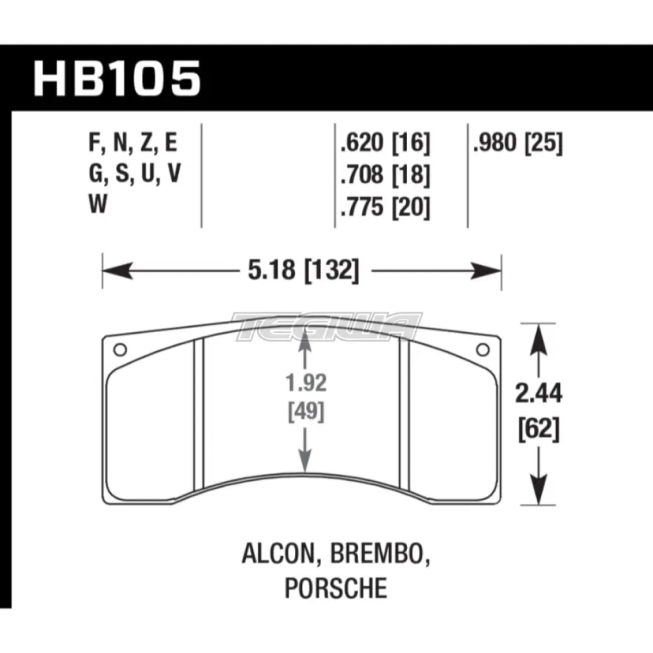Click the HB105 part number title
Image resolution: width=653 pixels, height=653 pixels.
click(x=116, y=78)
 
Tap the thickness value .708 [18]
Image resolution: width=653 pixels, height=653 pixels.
click(x=383, y=176)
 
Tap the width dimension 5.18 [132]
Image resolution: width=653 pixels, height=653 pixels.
click(x=302, y=269)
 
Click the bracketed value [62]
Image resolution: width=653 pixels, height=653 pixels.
click(x=539, y=430)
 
